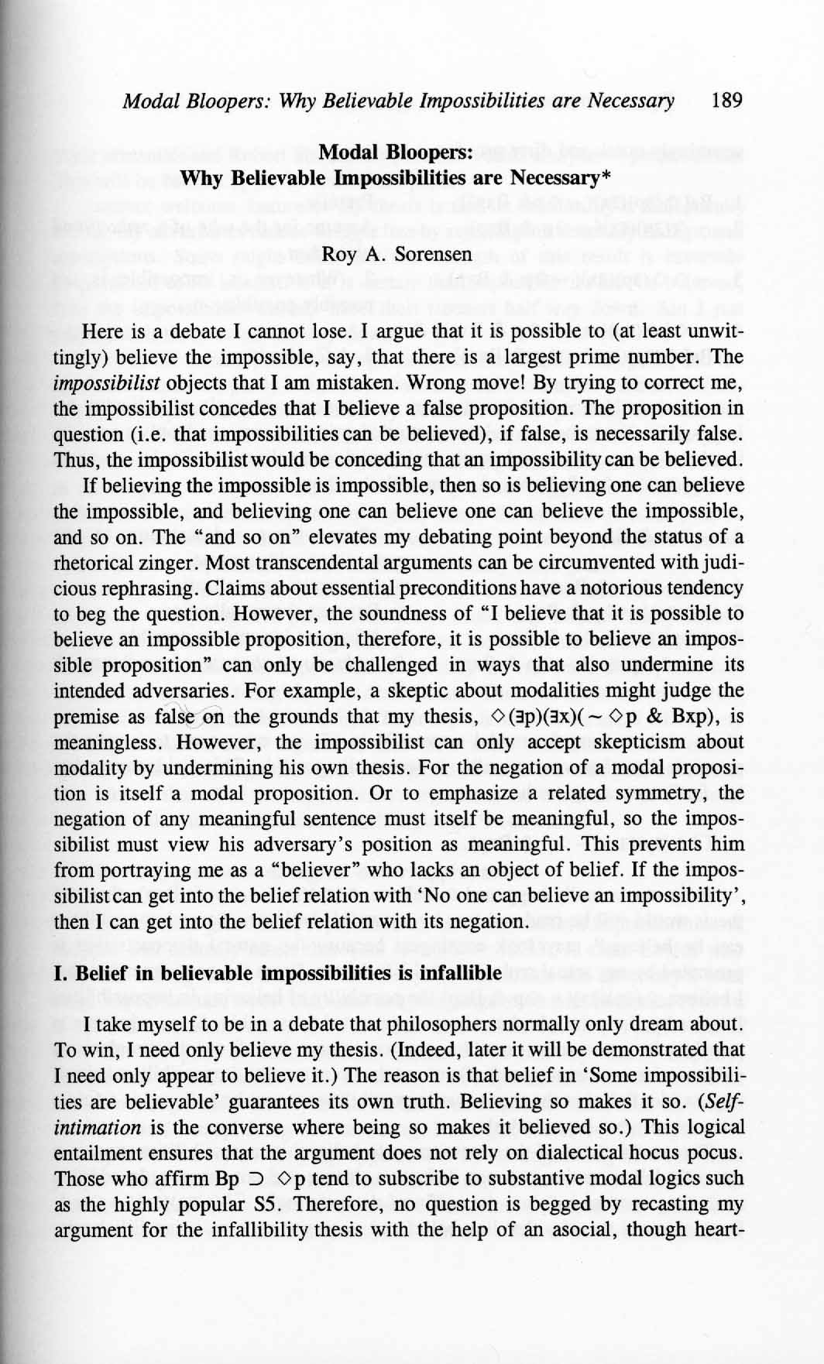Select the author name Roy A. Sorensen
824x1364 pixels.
pyautogui.click(x=397, y=253)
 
